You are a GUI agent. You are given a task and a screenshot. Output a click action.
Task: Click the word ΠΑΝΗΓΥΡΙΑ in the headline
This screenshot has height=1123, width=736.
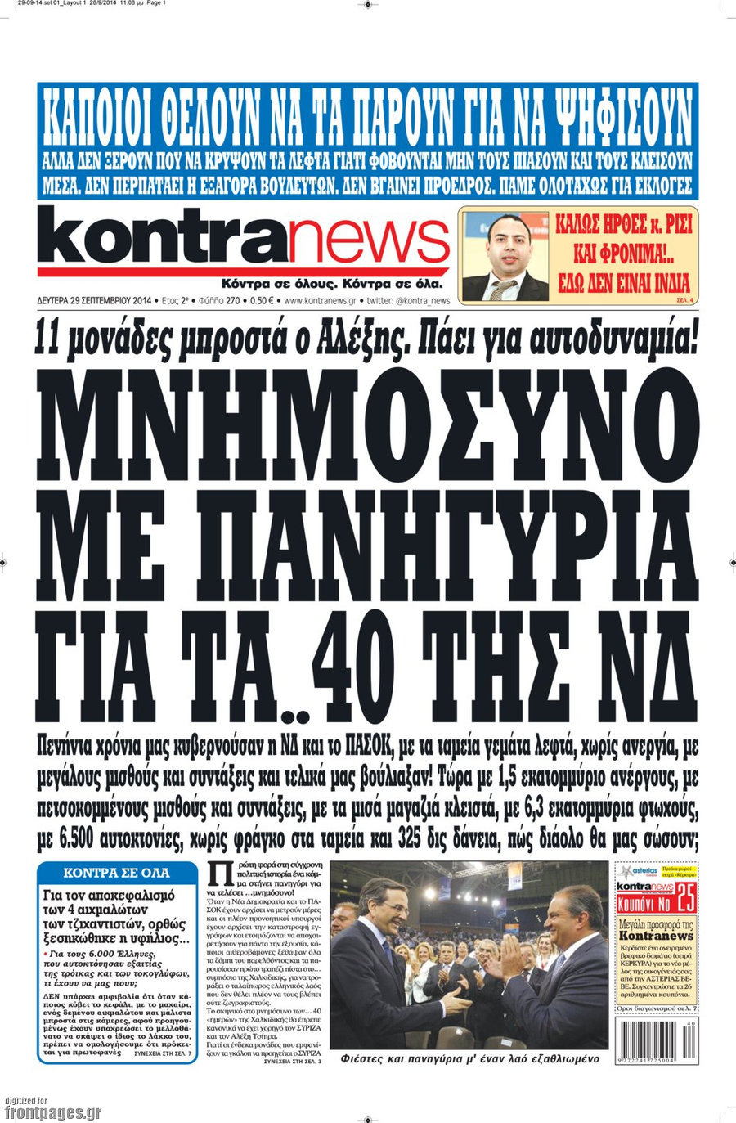tap(425, 541)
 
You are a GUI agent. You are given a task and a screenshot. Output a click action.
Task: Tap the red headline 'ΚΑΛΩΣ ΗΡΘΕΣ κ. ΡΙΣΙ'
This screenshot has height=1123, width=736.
tap(623, 224)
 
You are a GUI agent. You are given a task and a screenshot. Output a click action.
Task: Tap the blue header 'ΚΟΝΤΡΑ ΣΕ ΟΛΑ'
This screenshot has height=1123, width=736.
tap(117, 872)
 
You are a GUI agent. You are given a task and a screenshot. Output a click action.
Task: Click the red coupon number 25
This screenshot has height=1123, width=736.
tap(687, 902)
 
